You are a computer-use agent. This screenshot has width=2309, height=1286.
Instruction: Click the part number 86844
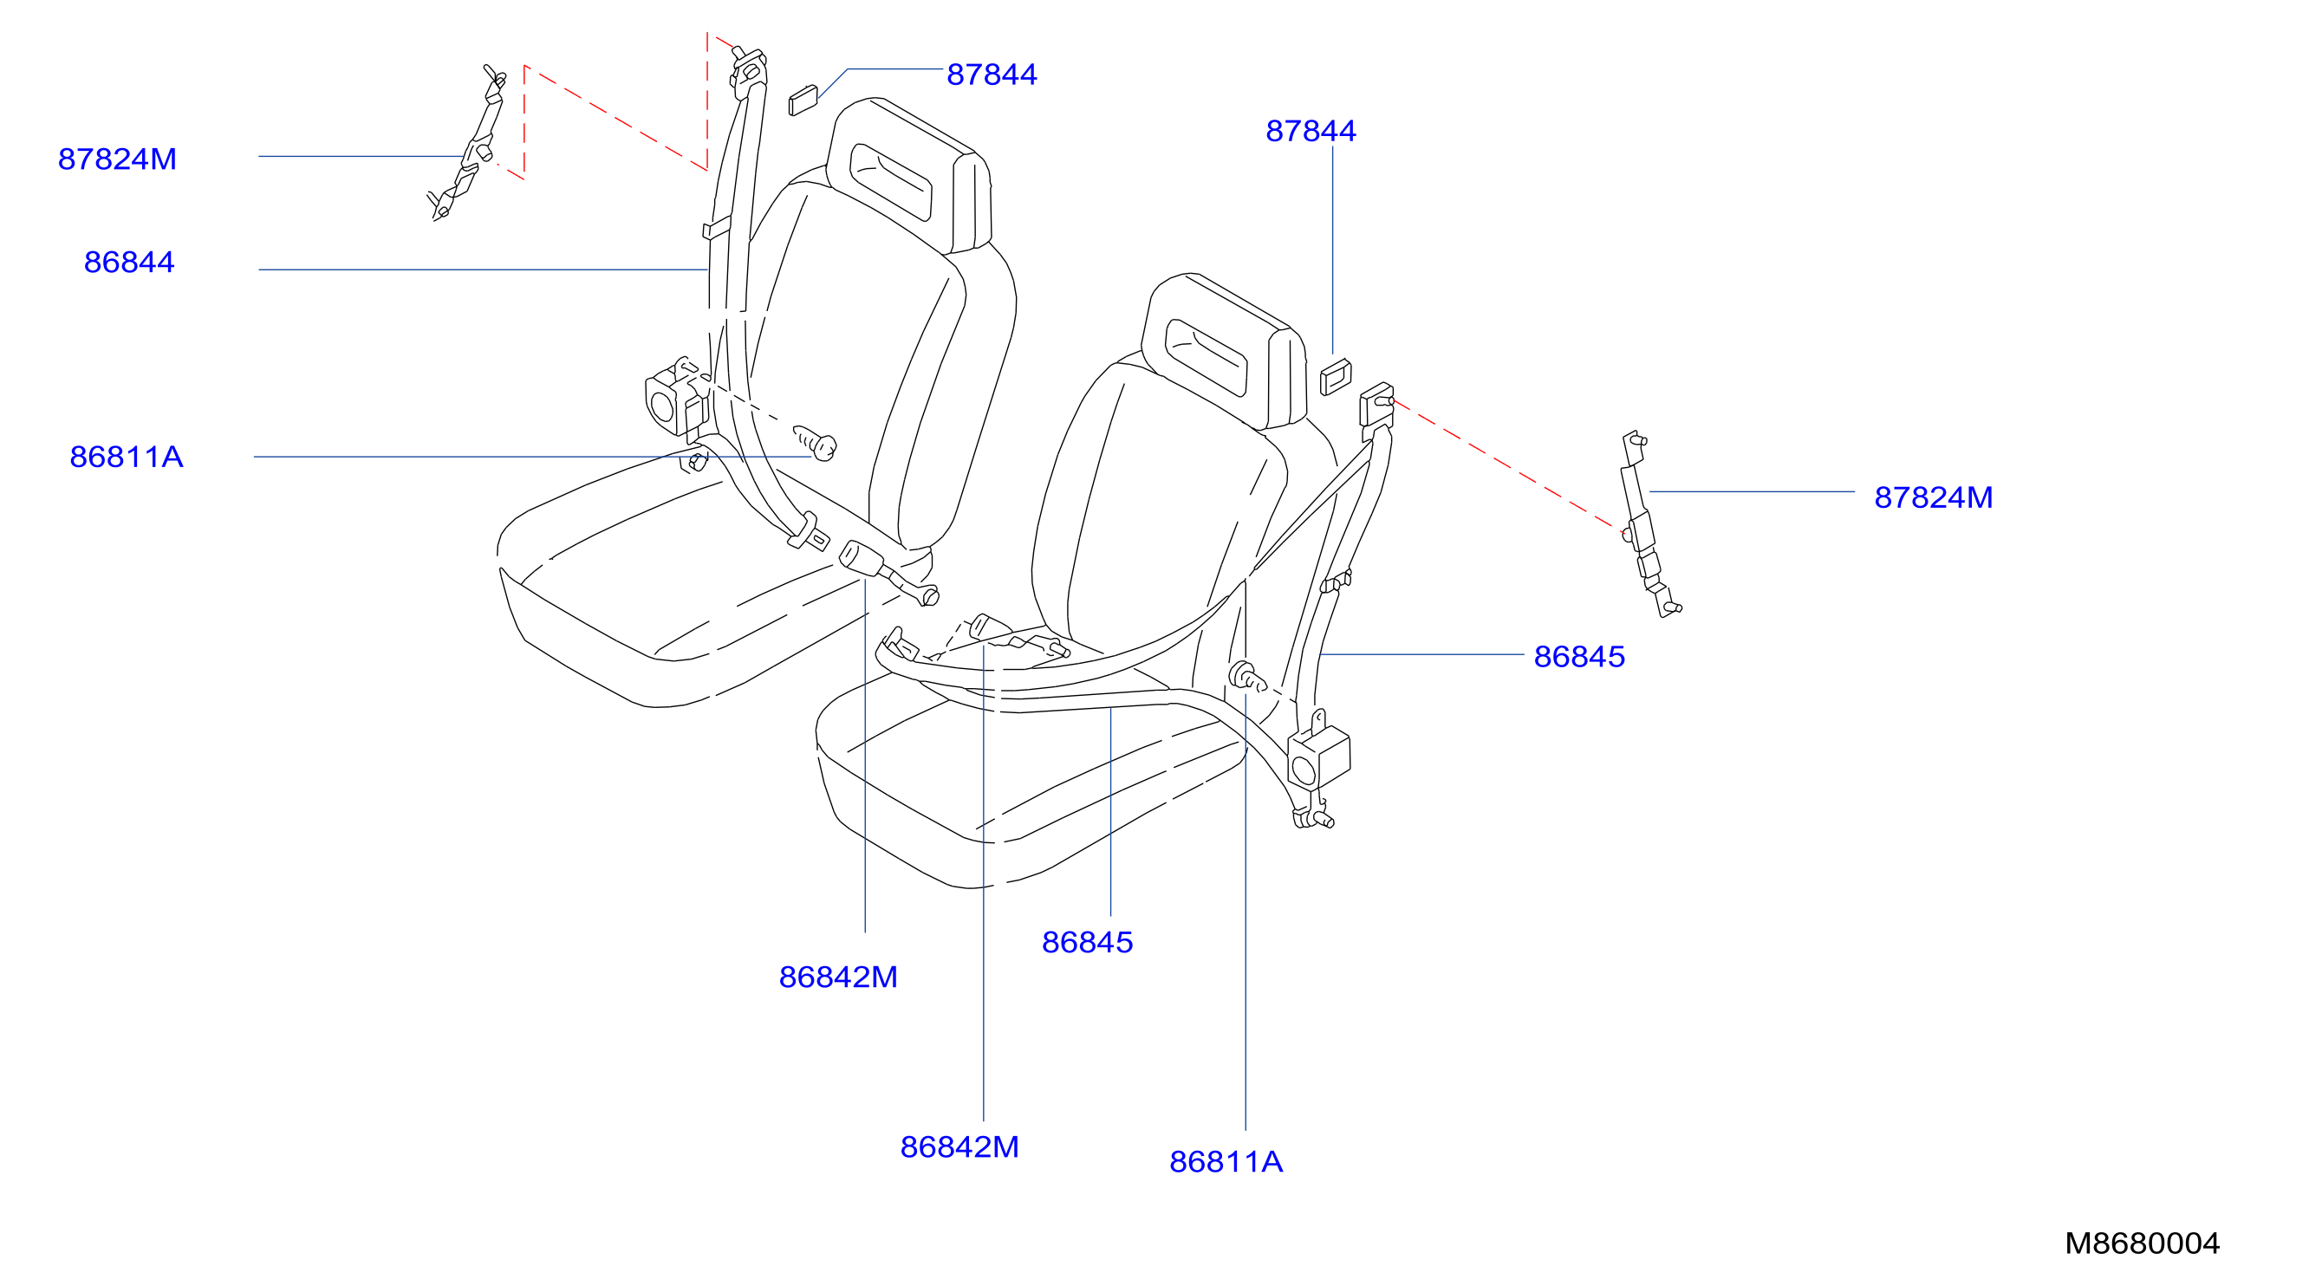coord(129,263)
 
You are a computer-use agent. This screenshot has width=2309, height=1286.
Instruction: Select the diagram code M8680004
coord(2143,1243)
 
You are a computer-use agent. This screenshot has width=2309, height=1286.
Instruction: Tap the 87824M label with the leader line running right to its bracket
coord(116,159)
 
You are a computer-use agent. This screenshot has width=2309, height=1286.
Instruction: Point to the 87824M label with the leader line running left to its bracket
coord(1934,498)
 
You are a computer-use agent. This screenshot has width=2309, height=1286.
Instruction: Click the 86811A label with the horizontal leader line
coord(127,457)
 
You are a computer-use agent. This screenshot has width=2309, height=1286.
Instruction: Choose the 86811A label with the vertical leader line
coord(1226,1162)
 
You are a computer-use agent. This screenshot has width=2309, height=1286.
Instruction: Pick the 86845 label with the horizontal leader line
coord(1579,657)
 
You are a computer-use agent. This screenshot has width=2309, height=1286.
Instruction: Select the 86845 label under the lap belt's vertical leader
coord(1087,943)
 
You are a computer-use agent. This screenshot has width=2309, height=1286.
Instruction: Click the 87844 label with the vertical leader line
coord(1311,132)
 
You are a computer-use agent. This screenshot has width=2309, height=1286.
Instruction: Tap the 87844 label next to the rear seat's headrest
coord(992,75)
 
